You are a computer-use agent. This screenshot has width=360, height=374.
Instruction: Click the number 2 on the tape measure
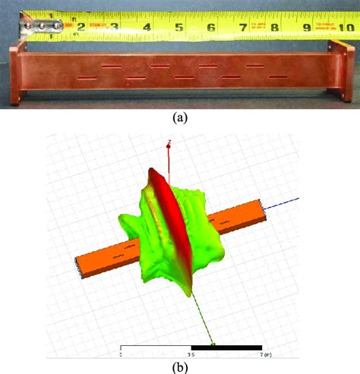(81, 28)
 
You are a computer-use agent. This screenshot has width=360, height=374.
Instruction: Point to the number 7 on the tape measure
(243, 28)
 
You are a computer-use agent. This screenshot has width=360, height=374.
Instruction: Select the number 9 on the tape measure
(307, 28)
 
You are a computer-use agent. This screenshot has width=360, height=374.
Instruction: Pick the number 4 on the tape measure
(146, 28)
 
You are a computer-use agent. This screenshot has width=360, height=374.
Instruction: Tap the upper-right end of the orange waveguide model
(264, 205)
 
